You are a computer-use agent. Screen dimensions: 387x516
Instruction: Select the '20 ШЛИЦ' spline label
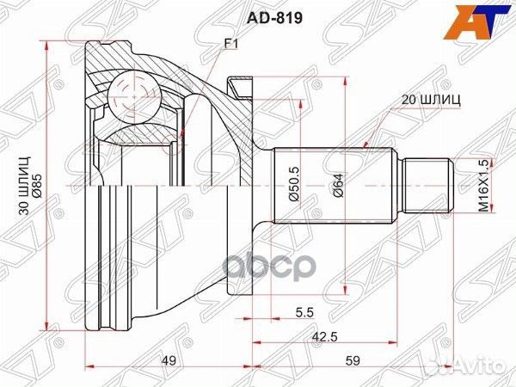pos(431,99)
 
